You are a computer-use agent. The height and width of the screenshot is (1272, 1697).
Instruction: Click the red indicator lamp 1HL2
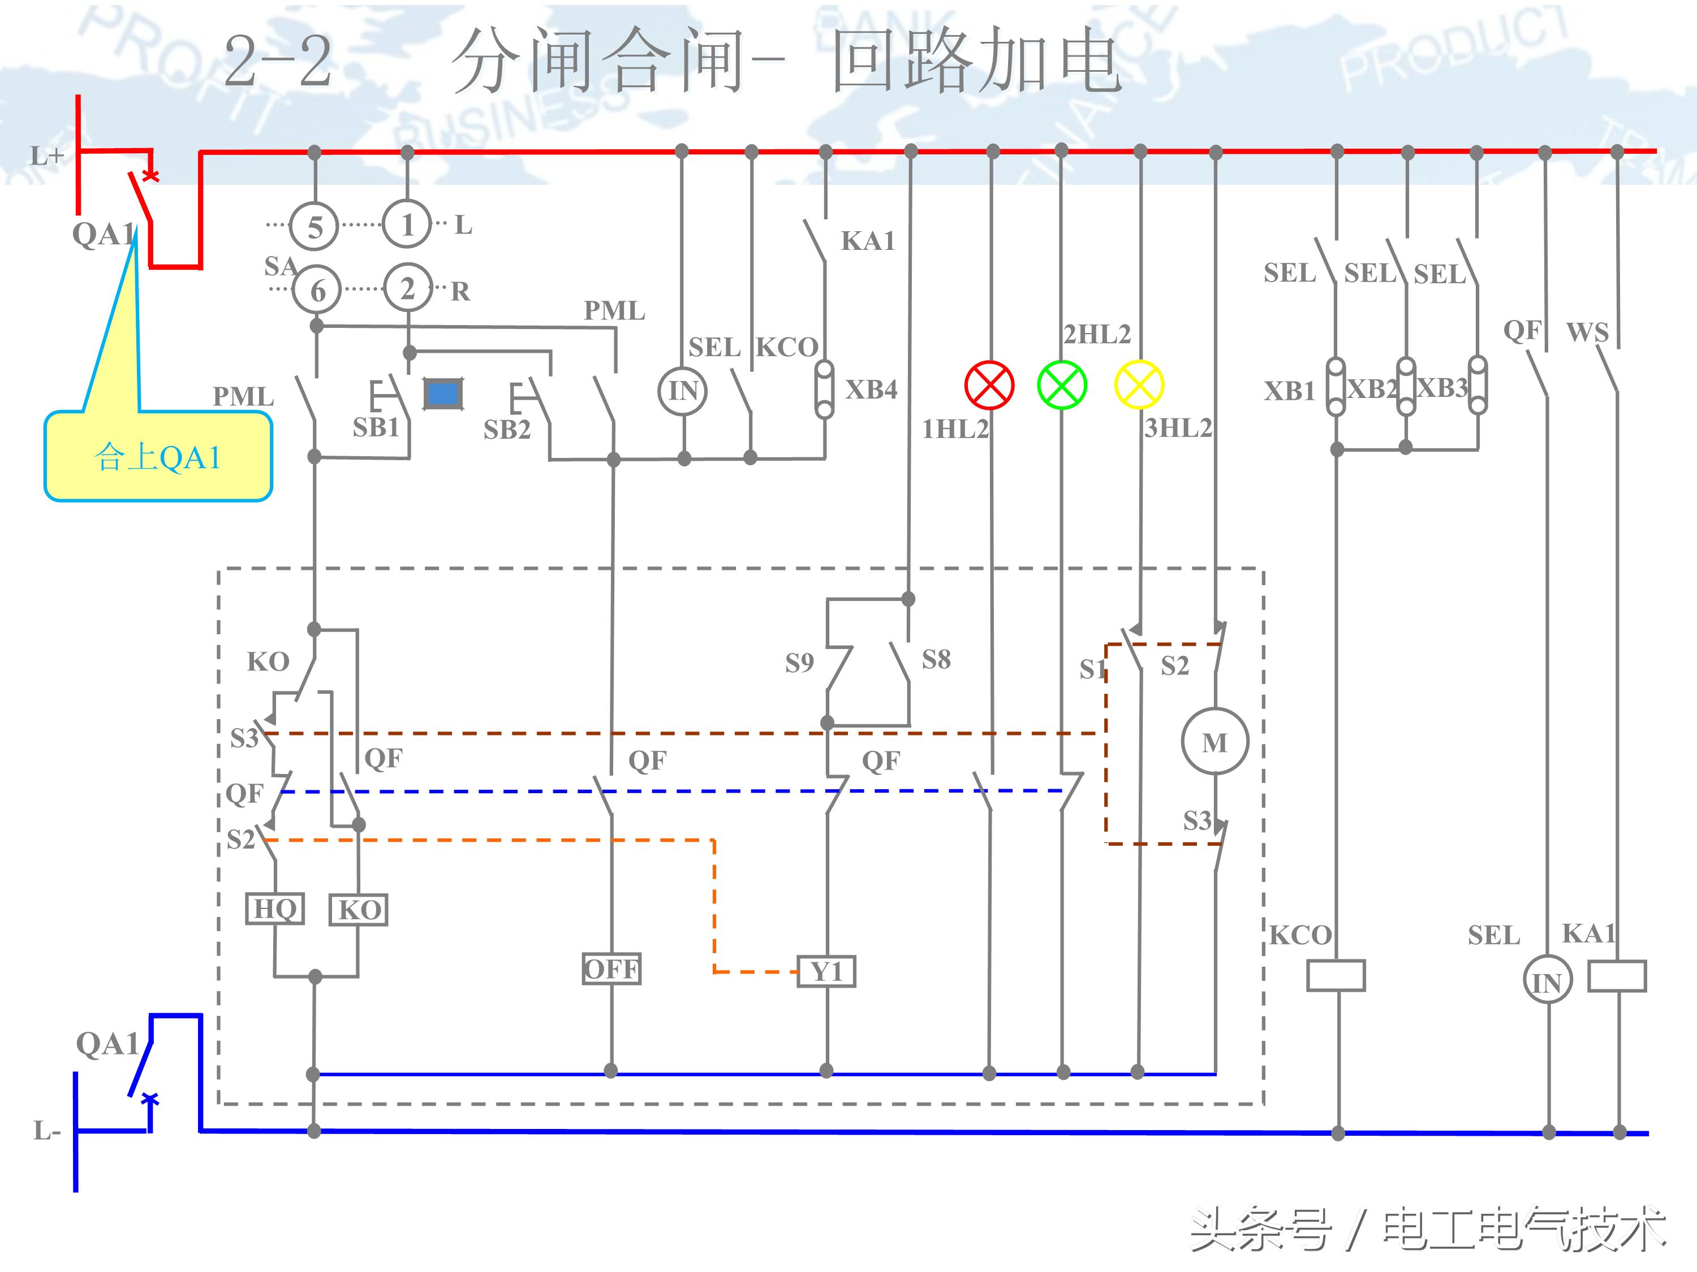click(989, 385)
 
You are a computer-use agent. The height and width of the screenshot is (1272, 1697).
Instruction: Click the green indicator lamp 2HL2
click(1062, 385)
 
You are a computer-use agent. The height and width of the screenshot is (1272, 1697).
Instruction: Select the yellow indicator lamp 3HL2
click(1139, 385)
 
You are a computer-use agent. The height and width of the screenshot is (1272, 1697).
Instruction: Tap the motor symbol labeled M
click(1214, 741)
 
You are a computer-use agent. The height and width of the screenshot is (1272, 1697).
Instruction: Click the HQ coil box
click(275, 908)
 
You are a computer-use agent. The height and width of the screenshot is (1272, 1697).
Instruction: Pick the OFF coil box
click(611, 968)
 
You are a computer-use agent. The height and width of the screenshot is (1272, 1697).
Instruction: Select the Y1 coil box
click(826, 971)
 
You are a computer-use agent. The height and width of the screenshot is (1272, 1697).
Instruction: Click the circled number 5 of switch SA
click(315, 227)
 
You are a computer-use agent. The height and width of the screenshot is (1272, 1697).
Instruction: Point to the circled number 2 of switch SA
click(407, 288)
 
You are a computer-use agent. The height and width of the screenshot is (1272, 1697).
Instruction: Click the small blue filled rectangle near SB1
click(443, 394)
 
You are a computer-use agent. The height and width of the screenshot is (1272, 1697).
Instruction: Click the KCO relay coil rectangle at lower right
click(1336, 975)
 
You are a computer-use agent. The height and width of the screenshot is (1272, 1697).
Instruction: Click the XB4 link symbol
click(825, 390)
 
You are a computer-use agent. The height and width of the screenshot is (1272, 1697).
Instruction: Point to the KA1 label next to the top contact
click(868, 241)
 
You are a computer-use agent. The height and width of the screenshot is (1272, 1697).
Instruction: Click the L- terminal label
click(46, 1130)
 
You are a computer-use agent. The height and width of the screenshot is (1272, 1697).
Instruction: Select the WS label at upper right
click(1587, 332)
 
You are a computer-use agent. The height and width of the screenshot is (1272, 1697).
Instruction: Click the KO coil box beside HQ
click(358, 910)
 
